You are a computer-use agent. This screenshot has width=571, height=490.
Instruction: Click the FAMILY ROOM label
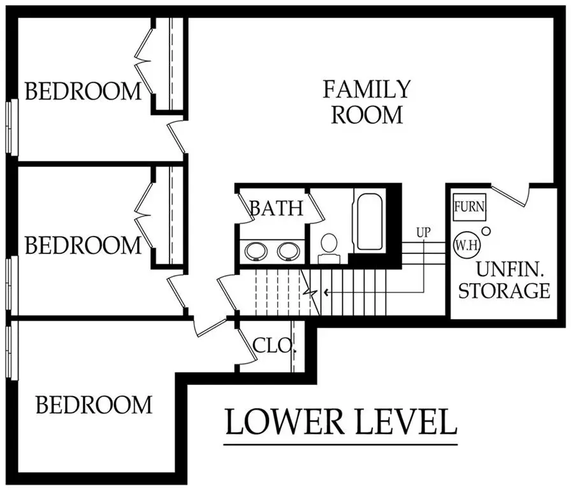(366, 102)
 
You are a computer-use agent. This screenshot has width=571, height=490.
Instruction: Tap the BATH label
(276, 209)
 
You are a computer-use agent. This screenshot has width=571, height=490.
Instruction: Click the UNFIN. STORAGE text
(504, 281)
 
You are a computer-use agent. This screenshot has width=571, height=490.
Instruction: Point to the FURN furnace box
(470, 207)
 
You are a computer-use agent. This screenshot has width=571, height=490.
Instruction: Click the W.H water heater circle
(467, 244)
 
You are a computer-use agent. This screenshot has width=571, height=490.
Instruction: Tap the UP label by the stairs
(423, 233)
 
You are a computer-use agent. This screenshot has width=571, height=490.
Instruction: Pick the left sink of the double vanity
(257, 250)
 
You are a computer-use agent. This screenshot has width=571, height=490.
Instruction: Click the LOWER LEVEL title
(341, 422)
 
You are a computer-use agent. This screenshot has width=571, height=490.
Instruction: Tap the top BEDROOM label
(83, 91)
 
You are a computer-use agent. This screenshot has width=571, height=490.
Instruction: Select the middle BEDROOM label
(83, 245)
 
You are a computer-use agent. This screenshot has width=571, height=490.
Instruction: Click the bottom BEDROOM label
(94, 405)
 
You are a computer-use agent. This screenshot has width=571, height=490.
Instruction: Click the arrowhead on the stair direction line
(326, 293)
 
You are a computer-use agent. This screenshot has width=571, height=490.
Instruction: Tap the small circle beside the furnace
(486, 230)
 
